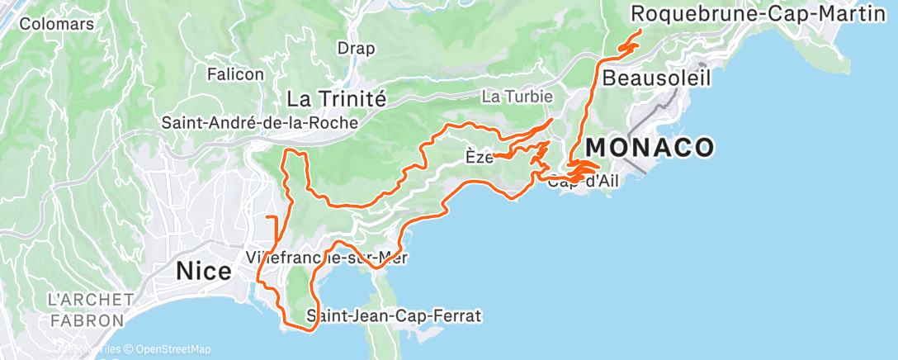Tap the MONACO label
pos(650,148)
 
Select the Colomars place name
pos(45,24)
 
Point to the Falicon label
pos(235,74)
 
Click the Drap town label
pos(356,49)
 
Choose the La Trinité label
pos(336,99)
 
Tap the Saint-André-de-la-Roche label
pos(259,123)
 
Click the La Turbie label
pos(517,97)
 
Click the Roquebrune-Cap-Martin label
pos(752,14)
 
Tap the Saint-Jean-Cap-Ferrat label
pos(393,315)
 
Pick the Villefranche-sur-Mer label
pos(328,258)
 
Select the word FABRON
pos(85,320)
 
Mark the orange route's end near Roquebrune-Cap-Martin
pos(641,31)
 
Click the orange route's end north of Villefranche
pos(270,216)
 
